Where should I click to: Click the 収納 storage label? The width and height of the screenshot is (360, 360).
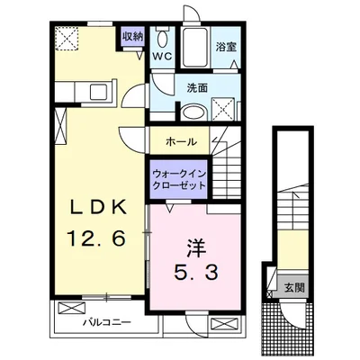132,37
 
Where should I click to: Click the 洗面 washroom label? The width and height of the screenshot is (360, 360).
198,87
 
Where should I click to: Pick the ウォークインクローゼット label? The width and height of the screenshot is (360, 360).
177,177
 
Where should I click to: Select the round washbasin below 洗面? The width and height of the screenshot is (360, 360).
195,112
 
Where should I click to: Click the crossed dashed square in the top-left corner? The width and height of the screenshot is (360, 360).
68,38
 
